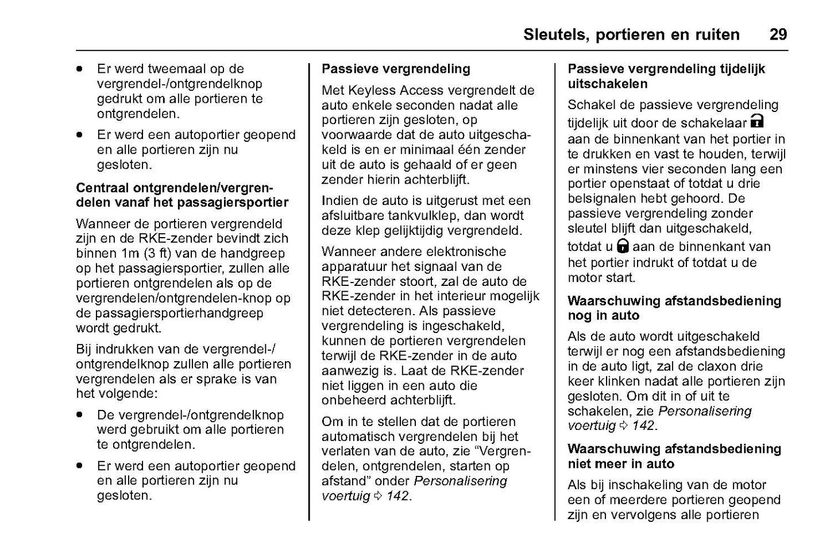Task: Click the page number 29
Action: coord(778,34)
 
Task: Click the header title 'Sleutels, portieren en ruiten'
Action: coord(631,34)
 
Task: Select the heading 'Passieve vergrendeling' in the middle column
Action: coord(396,69)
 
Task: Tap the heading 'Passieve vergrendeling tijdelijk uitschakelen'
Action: coord(666,76)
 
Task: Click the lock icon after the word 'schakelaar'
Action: coord(758,121)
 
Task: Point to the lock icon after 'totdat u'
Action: coord(623,246)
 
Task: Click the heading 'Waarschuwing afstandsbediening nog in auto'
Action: coord(674,308)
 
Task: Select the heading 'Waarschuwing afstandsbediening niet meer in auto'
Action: coord(674,456)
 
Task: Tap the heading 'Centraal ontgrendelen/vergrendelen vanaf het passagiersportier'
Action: coord(182,195)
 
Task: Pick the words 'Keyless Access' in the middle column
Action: coord(391,90)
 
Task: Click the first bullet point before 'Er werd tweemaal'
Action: coord(80,69)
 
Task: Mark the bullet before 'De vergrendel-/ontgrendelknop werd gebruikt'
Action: coord(80,414)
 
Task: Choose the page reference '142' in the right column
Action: coord(643,426)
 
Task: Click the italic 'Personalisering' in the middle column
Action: coord(461,481)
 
